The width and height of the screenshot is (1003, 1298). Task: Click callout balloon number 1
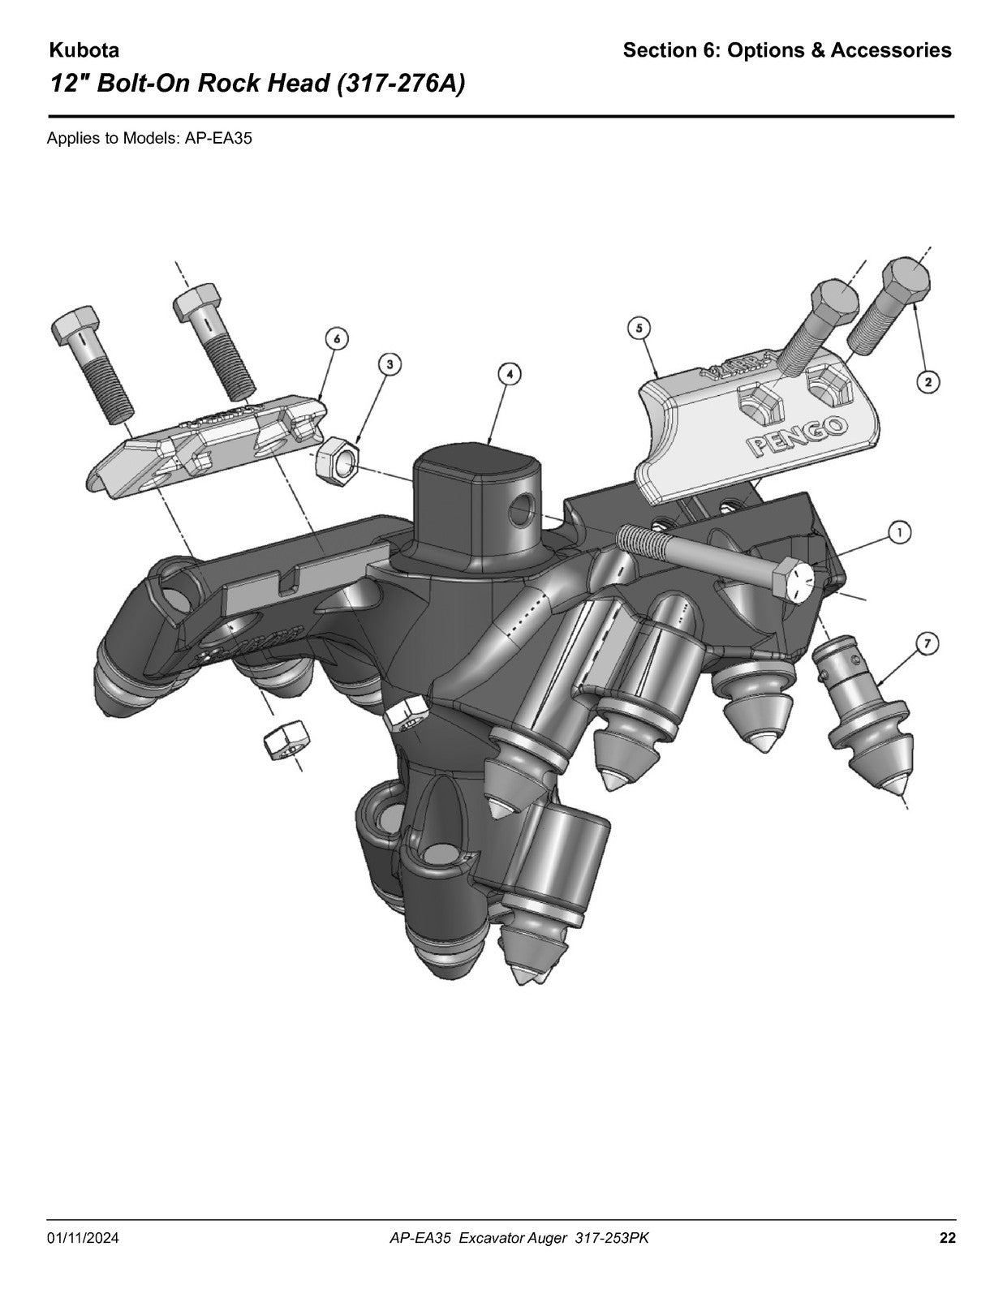900,531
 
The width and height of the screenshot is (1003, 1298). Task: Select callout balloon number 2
928,381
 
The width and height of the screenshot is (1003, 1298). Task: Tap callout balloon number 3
390,363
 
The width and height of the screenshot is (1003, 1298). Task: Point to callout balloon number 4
510,374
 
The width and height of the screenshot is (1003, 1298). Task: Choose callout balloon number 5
639,328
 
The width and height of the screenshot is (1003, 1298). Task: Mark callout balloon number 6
337,338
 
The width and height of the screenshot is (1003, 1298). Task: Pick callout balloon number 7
927,643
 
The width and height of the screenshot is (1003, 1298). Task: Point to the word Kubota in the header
84,50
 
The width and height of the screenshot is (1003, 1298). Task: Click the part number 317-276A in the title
401,84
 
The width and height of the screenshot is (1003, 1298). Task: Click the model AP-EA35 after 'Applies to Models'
218,139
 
